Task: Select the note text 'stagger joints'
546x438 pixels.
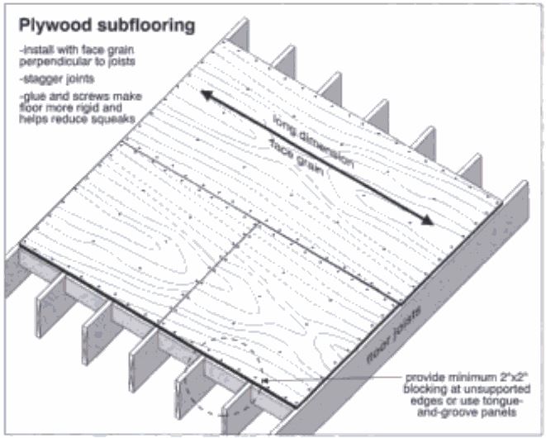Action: (x=57, y=79)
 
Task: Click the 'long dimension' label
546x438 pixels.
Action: (x=313, y=141)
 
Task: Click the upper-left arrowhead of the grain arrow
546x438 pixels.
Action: (x=208, y=95)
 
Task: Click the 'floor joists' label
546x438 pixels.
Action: (x=395, y=336)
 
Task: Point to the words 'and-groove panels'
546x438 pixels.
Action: (x=467, y=413)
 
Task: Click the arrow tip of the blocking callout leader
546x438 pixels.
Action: (x=262, y=381)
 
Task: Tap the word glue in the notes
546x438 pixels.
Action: (x=34, y=96)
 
